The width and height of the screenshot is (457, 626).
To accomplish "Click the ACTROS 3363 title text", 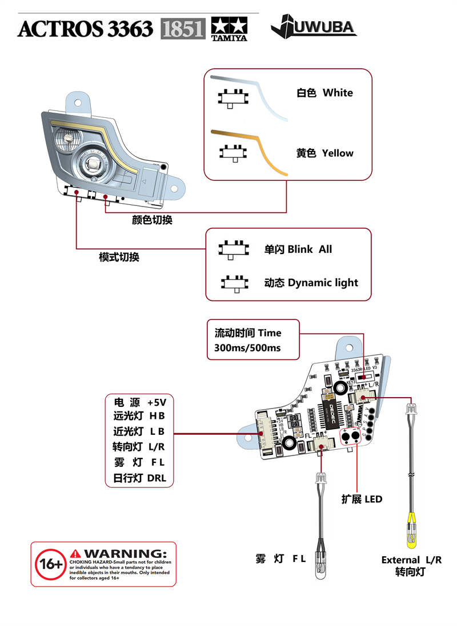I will pos(86,28).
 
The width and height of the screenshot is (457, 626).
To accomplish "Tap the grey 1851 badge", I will pos(183,28).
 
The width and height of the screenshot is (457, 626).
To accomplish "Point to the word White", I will pos(338,93).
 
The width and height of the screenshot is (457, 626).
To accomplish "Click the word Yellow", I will pos(338,153).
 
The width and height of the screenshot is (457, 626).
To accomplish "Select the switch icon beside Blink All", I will pos(233,250).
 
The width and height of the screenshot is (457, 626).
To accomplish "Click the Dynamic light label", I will pos(323,283).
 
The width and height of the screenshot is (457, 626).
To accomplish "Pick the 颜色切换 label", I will pos(152,220).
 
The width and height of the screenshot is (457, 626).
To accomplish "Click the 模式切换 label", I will pos(119,257).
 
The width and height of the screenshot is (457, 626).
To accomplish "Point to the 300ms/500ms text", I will pos(247,348).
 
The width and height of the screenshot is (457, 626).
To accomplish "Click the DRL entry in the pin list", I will pos(157,478).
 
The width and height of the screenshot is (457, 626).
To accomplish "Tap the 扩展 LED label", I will pos(362,499).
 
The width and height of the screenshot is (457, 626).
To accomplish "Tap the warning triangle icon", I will pos(75,553).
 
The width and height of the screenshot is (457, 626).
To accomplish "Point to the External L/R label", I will pos(411,560).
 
